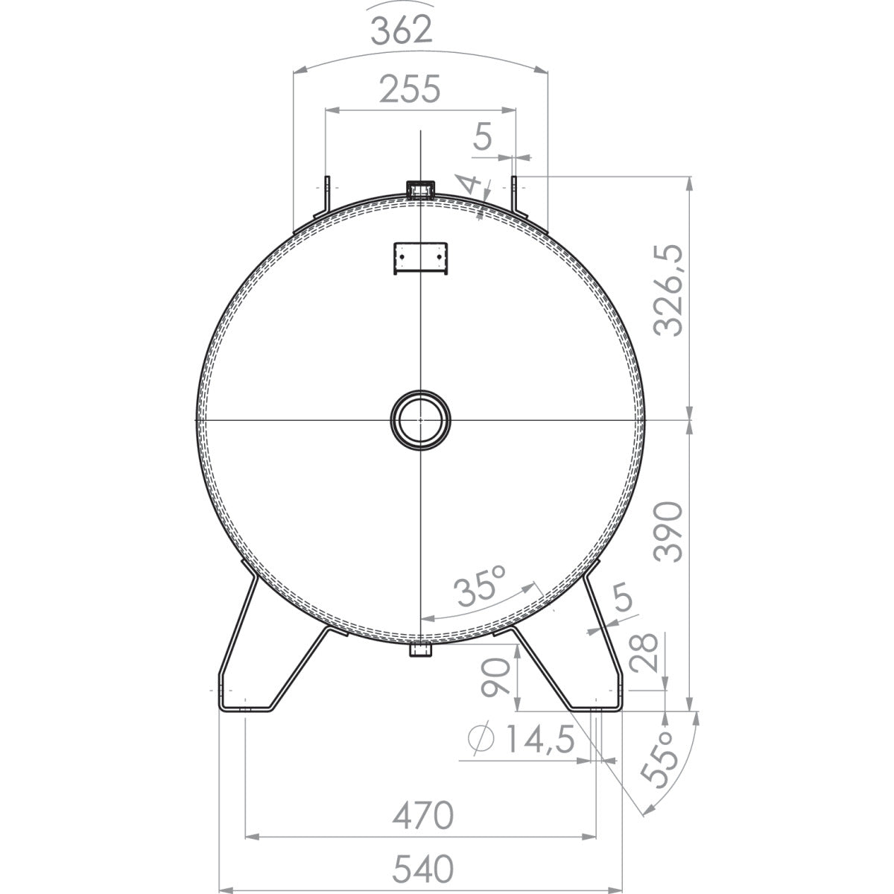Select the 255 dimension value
(410, 89)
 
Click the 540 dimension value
(420, 869)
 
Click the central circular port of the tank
(421, 419)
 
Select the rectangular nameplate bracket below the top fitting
(421, 257)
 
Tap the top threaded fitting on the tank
(421, 189)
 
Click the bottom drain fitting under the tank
(421, 650)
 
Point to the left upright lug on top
(326, 196)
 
